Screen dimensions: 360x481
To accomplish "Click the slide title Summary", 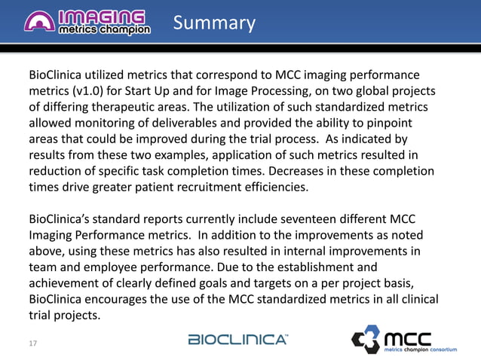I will [214, 23].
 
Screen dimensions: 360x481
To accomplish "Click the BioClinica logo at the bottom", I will [237, 340].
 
